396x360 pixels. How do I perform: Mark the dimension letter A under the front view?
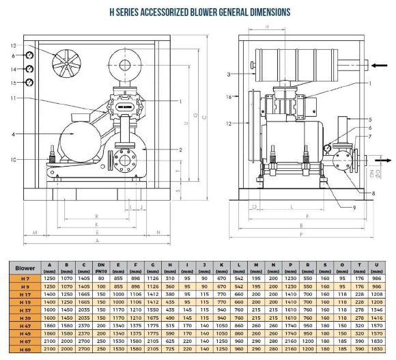pos(98,240)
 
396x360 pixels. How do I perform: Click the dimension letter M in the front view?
pos(34,232)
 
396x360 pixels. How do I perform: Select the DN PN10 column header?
pos(101,268)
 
